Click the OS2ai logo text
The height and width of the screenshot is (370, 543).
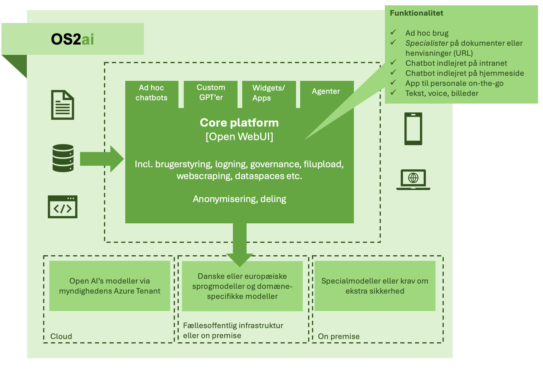click(72, 39)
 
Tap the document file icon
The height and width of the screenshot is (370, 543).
click(63, 105)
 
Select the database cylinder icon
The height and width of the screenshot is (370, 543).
click(63, 158)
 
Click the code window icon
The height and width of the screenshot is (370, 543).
click(63, 207)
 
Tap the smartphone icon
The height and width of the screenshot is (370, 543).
click(413, 129)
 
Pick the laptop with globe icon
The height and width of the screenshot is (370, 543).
click(413, 179)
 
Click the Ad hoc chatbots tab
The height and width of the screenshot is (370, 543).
click(152, 93)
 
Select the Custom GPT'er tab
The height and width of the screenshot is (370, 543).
click(211, 93)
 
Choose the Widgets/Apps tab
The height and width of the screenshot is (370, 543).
click(269, 93)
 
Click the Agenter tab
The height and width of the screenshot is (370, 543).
click(326, 91)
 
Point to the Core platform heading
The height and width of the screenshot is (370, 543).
click(239, 123)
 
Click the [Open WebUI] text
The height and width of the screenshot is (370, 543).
click(239, 137)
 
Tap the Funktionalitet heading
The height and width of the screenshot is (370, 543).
click(416, 13)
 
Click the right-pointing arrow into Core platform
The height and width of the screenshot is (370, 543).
click(102, 159)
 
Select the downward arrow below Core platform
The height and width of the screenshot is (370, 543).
click(240, 245)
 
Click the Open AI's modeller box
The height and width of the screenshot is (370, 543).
click(110, 286)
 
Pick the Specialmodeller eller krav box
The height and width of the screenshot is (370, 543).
click(375, 286)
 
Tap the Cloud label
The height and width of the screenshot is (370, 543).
click(61, 336)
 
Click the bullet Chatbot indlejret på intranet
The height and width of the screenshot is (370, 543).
click(456, 63)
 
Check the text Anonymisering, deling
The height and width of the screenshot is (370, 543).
click(239, 199)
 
